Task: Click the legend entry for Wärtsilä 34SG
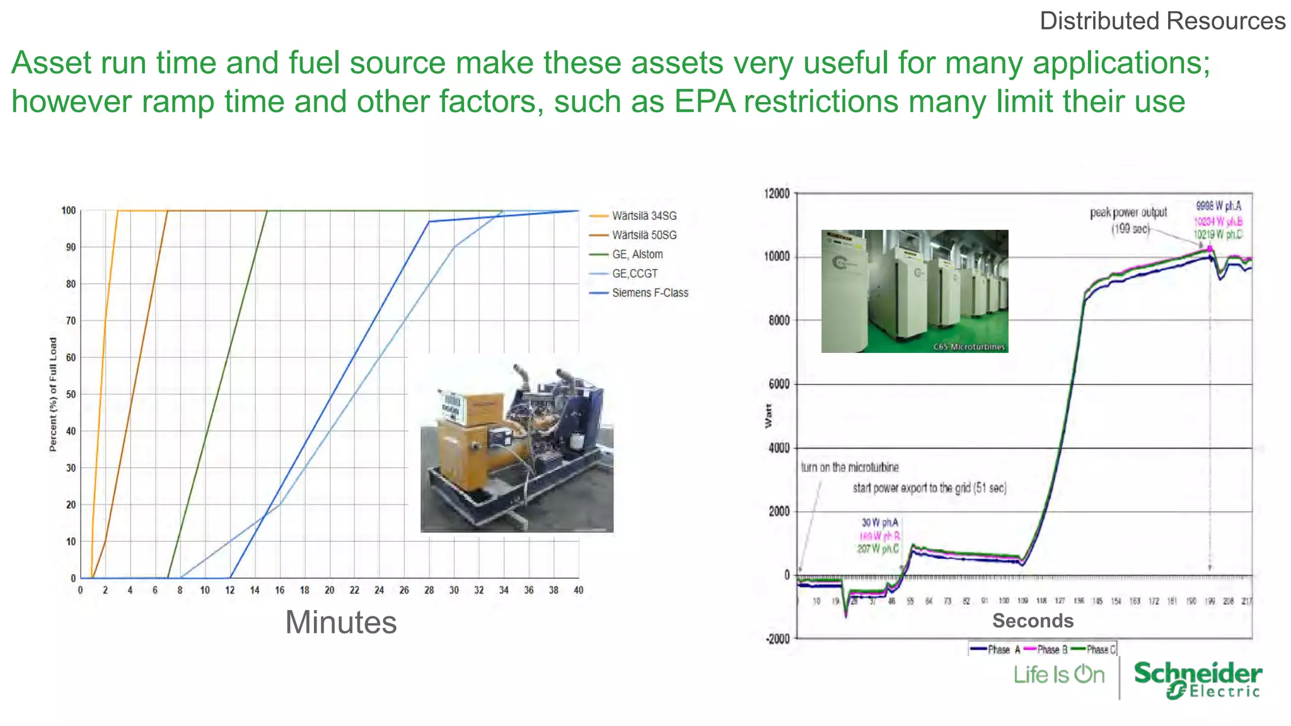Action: click(644, 216)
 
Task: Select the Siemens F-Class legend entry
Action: click(649, 293)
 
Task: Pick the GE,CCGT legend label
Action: click(634, 274)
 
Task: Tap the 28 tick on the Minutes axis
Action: click(429, 591)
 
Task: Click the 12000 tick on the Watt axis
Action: click(777, 193)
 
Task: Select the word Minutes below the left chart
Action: click(341, 623)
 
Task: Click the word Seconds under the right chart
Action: click(1033, 621)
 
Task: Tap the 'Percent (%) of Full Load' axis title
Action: click(53, 395)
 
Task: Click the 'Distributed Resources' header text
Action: click(1162, 21)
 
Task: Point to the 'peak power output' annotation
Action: click(1128, 213)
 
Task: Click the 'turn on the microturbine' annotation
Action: click(850, 468)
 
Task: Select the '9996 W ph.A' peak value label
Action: click(1219, 206)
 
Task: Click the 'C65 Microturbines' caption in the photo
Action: click(969, 347)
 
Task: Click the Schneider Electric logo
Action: click(1197, 679)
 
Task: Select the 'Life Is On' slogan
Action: click(1059, 675)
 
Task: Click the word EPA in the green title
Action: click(705, 101)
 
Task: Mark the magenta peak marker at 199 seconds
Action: click(1210, 249)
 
